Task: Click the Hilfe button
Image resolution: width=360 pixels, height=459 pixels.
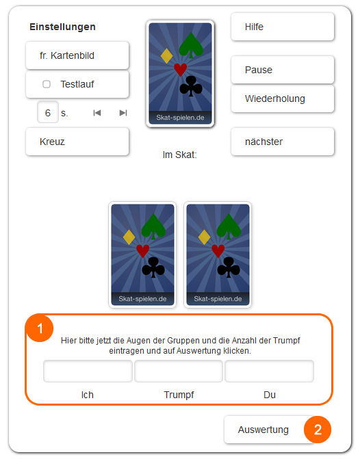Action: (283, 27)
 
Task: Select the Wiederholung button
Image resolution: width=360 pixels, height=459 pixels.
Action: (283, 99)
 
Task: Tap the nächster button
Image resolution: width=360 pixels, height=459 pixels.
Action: (283, 142)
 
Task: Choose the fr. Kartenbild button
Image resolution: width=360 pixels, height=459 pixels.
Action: (77, 55)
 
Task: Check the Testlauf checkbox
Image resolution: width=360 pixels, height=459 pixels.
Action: (47, 84)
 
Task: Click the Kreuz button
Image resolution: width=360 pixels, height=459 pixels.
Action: (77, 142)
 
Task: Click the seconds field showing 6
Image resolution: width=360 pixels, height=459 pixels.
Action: (48, 113)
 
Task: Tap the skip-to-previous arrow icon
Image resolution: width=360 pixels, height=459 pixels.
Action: (97, 113)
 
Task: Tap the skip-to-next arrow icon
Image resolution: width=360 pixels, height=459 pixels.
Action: (123, 113)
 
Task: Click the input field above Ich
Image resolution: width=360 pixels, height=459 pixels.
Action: (88, 371)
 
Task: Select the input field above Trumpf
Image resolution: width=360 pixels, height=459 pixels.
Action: (179, 371)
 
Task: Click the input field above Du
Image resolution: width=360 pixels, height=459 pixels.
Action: (269, 371)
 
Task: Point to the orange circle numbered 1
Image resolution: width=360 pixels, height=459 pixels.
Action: (40, 328)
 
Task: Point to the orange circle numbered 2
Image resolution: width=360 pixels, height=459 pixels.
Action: (318, 430)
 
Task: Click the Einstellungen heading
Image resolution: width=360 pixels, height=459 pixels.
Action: (62, 27)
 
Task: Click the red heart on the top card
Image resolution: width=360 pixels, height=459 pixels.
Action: (180, 69)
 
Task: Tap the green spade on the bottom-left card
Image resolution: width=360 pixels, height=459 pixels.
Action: (153, 226)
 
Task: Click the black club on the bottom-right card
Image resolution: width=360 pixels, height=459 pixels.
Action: (229, 267)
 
